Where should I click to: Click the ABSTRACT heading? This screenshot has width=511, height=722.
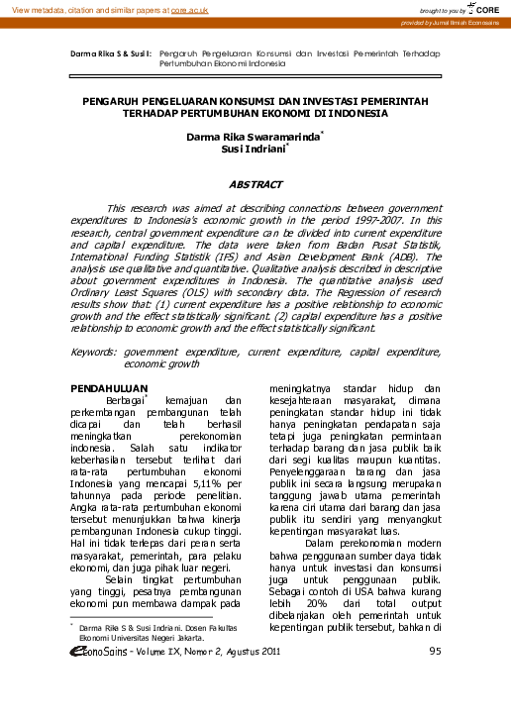point(255,184)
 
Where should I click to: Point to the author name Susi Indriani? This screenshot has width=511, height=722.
point(254,152)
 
